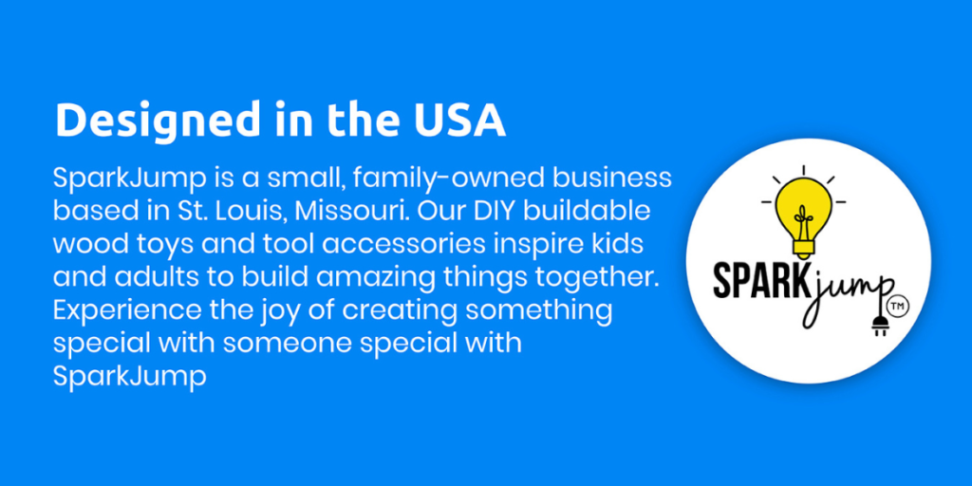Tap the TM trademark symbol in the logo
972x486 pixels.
point(895,305)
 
